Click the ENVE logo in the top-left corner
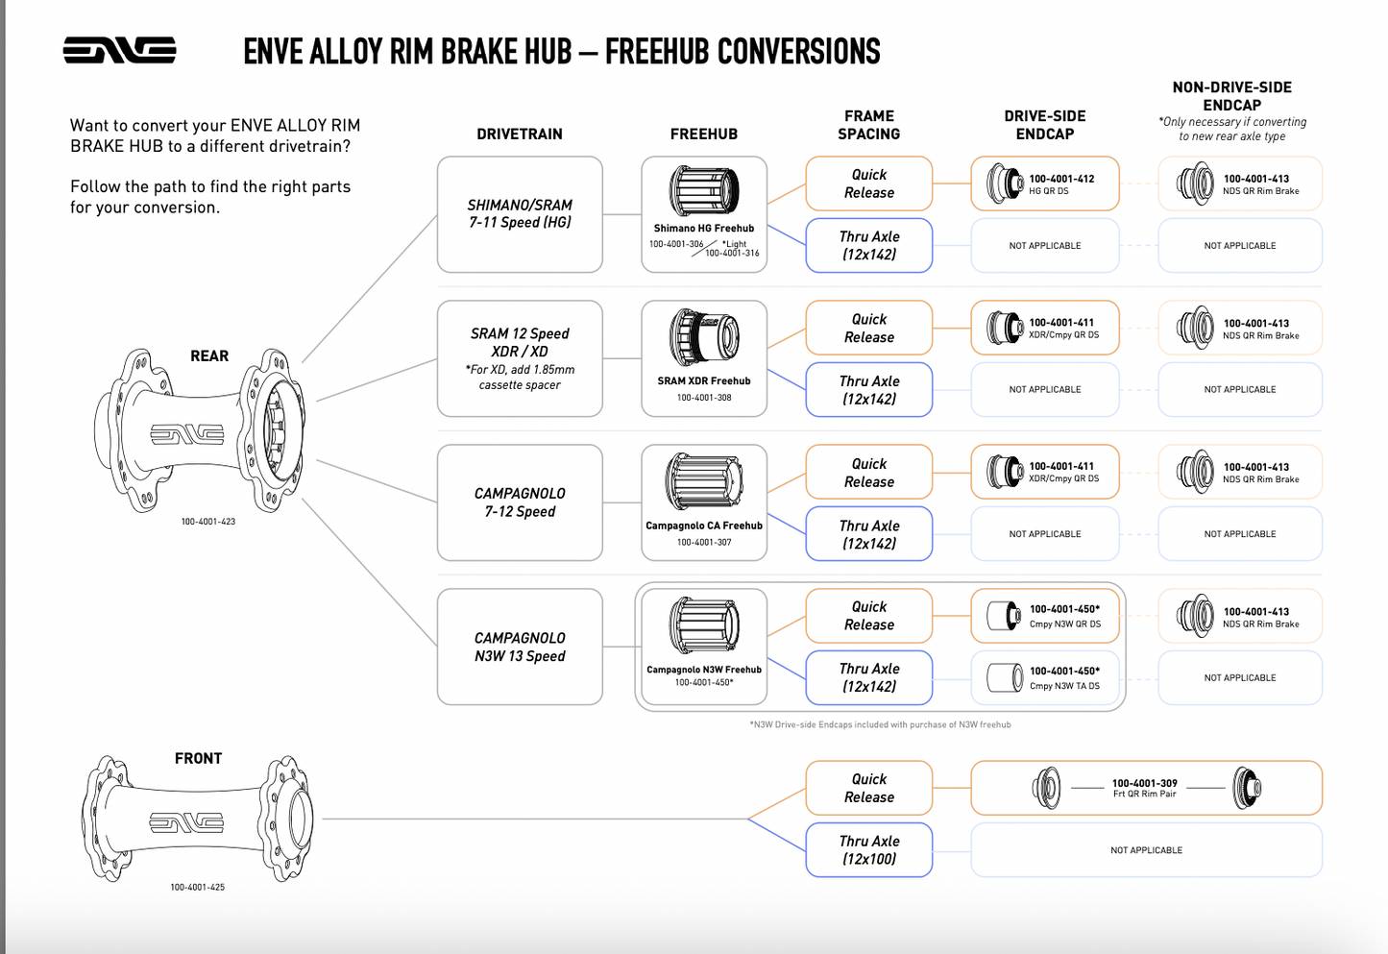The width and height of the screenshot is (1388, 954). [x=119, y=50]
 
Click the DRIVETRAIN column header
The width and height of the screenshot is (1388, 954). [x=519, y=135]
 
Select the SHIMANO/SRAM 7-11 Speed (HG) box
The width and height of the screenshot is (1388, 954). [x=519, y=214]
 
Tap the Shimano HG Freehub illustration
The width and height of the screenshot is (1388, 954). [x=704, y=190]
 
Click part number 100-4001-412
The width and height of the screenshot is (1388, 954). [x=1061, y=179]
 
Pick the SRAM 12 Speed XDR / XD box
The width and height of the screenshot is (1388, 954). [x=519, y=358]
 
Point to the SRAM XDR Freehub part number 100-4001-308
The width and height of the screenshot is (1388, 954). [x=704, y=398]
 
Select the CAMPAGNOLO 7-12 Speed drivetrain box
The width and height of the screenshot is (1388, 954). [x=519, y=502]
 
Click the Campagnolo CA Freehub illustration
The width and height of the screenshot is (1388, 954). [x=704, y=481]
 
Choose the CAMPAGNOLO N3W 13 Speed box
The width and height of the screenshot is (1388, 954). [x=519, y=647]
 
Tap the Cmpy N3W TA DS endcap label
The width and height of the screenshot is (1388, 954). [x=1064, y=686]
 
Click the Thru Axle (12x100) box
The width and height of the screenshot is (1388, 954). [x=868, y=849]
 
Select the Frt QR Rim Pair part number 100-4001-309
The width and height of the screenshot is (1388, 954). [x=1144, y=783]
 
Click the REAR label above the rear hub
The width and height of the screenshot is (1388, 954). [x=209, y=356]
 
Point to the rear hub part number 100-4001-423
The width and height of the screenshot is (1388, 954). [x=208, y=522]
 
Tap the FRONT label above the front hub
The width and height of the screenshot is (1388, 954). [x=198, y=759]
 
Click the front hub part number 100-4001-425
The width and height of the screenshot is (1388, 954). [x=197, y=887]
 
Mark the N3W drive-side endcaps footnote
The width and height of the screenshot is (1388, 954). [x=880, y=724]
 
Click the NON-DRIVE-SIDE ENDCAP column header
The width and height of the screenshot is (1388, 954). [x=1231, y=96]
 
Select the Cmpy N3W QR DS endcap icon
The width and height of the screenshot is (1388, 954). [x=1004, y=615]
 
